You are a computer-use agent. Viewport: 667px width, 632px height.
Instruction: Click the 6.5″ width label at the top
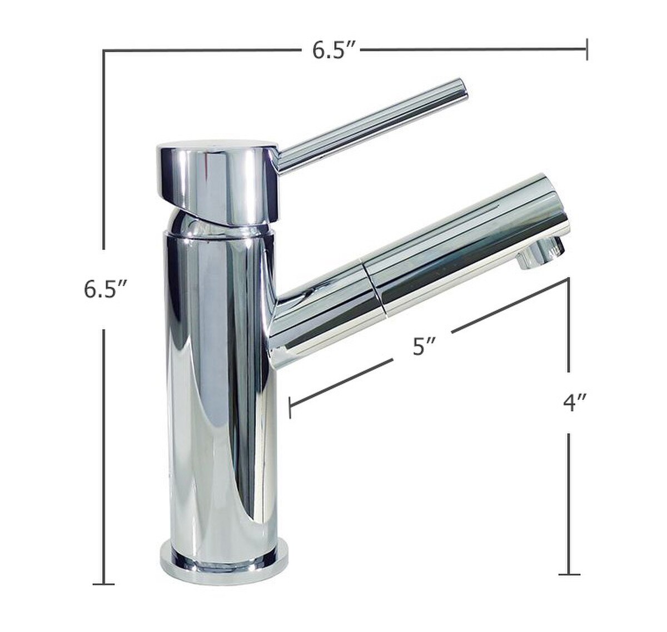(x=333, y=51)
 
